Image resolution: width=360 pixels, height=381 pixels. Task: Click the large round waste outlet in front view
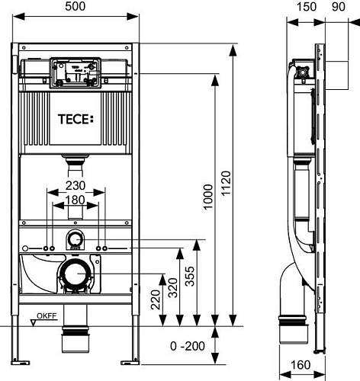pos(76,273)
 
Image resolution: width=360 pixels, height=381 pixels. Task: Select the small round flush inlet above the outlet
pos(76,239)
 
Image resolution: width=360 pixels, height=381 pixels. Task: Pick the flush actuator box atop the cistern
pos(75,75)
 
